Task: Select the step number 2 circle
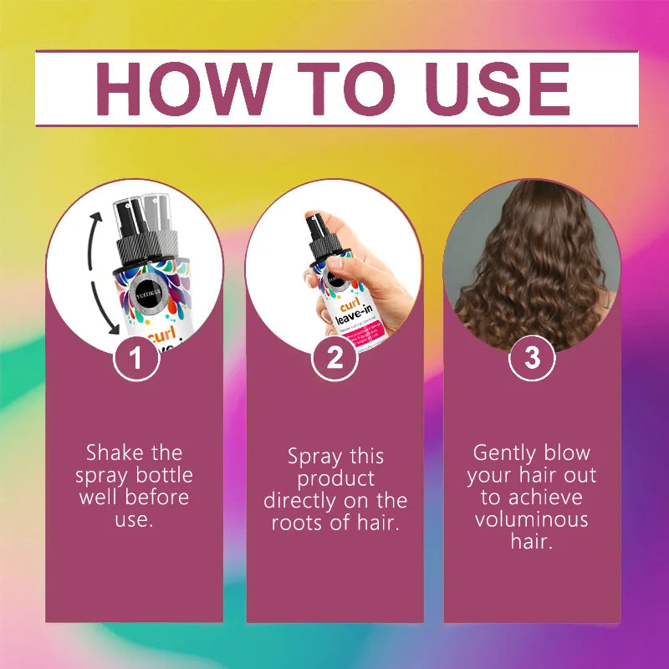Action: (334, 358)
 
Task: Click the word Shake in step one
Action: (111, 453)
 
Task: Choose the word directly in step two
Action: (303, 502)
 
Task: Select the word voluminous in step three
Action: (532, 519)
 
